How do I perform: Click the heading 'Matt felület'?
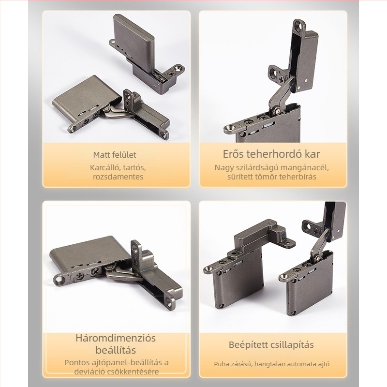click(x=115, y=155)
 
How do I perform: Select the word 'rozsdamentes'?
click(x=118, y=177)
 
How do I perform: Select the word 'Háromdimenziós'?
click(x=116, y=338)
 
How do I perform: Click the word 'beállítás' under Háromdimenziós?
click(x=116, y=350)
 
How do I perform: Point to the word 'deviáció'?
click(x=89, y=372)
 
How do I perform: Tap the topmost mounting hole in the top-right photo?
click(x=300, y=26)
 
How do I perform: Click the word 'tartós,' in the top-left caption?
click(x=134, y=168)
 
